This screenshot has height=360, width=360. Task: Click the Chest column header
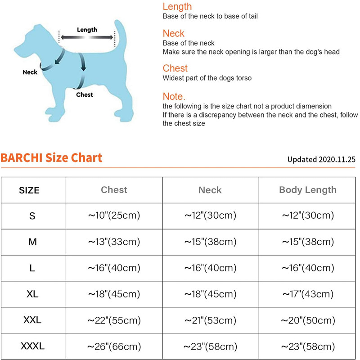pyautogui.click(x=114, y=190)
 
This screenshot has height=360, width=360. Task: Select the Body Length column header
pyautogui.click(x=308, y=190)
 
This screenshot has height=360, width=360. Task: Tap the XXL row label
pyautogui.click(x=32, y=320)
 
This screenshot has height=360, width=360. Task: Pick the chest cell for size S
pyautogui.click(x=114, y=216)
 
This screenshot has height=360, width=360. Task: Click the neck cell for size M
pyautogui.click(x=210, y=242)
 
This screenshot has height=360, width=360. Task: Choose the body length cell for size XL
pyautogui.click(x=308, y=294)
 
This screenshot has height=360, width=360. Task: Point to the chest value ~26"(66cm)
pyautogui.click(x=114, y=346)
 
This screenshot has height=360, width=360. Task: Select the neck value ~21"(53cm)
pyautogui.click(x=210, y=320)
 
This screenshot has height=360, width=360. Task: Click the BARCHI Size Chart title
pyautogui.click(x=51, y=158)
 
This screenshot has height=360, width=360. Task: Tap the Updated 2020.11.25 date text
pyautogui.click(x=322, y=159)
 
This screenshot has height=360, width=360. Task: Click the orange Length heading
pyautogui.click(x=177, y=7)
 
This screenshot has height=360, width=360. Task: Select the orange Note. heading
pyautogui.click(x=174, y=97)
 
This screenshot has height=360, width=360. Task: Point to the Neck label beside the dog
pyautogui.click(x=30, y=72)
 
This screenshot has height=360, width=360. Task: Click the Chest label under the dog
pyautogui.click(x=85, y=94)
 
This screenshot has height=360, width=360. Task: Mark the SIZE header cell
pyautogui.click(x=29, y=190)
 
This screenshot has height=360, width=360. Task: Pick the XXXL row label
pyautogui.click(x=32, y=346)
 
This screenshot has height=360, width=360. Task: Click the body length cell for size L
pyautogui.click(x=308, y=268)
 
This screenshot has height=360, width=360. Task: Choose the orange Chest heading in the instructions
pyautogui.click(x=175, y=68)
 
